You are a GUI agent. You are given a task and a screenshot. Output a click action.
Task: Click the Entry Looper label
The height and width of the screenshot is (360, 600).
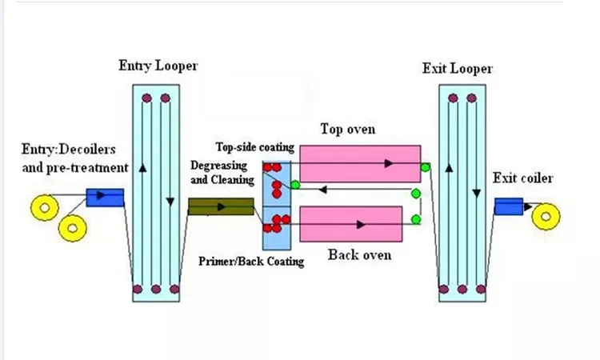tap(158, 66)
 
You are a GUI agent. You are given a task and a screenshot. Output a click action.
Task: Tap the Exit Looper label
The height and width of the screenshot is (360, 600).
tap(458, 69)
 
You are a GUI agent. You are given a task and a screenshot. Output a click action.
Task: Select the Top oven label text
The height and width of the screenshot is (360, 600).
tap(348, 130)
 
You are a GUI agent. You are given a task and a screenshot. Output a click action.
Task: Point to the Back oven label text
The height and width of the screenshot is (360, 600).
tap(360, 255)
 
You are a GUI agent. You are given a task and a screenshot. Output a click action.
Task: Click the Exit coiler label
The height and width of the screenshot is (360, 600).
tap(522, 178)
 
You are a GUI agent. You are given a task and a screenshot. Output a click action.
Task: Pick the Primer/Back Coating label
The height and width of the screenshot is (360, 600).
tap(251, 262)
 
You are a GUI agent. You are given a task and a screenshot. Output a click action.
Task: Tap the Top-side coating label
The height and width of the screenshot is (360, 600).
tap(255, 147)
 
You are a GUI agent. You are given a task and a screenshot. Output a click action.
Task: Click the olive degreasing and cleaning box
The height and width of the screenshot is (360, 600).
tap(221, 206)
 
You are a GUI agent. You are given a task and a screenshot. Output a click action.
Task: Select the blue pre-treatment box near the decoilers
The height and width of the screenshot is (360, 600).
tap(105, 198)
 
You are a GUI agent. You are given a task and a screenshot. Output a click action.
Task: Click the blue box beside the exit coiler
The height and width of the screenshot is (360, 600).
tap(509, 206)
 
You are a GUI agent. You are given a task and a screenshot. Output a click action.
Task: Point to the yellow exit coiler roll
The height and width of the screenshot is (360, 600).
tap(546, 217)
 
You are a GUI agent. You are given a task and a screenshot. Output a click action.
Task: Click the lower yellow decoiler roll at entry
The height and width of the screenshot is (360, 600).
tap(72, 228)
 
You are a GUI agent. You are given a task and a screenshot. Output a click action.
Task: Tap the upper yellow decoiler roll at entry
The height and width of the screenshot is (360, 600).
tap(45, 208)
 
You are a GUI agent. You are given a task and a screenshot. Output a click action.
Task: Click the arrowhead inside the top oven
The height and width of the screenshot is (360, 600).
tap(389, 163)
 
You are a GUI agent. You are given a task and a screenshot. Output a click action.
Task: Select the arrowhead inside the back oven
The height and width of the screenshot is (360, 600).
tap(361, 225)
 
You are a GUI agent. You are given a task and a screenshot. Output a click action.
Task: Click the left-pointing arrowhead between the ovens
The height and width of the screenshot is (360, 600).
tap(322, 189)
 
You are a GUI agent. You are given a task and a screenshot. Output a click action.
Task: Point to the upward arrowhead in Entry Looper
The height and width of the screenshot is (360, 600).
tap(142, 167)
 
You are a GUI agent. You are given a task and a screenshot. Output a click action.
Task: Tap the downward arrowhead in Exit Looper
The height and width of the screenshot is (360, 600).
tap(477, 194)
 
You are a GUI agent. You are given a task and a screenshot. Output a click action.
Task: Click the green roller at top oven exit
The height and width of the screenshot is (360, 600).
tap(425, 167)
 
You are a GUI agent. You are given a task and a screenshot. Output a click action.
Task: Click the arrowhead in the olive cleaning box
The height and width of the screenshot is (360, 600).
tap(221, 207)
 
